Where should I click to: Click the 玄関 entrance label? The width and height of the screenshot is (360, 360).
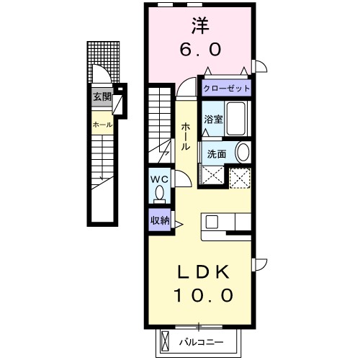point(102,97)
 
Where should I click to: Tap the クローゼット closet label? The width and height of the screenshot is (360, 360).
point(227,89)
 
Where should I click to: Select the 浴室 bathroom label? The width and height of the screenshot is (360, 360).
point(213,120)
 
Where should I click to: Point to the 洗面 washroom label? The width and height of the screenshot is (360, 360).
point(217,154)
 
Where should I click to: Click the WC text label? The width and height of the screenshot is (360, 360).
point(159,179)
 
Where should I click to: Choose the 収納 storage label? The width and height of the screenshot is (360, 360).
point(160,220)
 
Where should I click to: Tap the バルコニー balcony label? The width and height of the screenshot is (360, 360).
point(202,342)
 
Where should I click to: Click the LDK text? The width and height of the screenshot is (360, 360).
point(203,272)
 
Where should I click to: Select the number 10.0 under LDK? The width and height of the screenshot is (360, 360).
point(203,295)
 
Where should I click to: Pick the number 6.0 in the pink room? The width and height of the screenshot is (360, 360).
point(200,50)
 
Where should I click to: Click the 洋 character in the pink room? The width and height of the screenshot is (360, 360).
point(200,26)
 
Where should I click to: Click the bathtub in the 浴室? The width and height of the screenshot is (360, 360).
point(236,119)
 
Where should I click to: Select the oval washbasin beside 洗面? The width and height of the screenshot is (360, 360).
point(243,153)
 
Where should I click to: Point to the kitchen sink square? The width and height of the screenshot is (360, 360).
point(212,222)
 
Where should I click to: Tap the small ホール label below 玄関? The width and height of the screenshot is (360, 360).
point(102,125)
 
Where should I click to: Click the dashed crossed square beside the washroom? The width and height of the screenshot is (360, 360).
point(240,178)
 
